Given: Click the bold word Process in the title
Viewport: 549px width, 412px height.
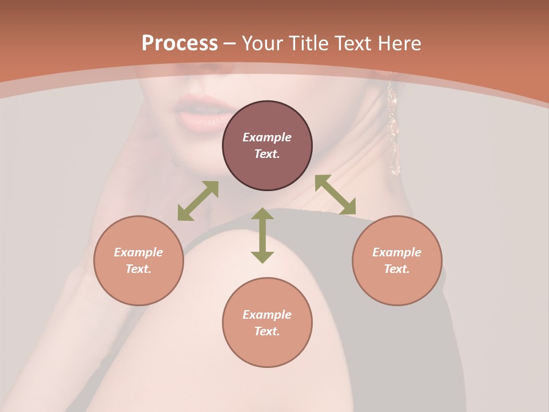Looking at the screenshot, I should (x=180, y=43).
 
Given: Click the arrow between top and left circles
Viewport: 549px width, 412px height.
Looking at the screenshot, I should (x=198, y=201).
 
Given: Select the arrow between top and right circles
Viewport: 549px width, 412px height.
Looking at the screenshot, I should (x=336, y=195).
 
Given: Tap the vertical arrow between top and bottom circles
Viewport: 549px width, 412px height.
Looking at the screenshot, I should (x=262, y=235).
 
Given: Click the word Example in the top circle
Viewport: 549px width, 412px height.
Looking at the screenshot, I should (x=267, y=137).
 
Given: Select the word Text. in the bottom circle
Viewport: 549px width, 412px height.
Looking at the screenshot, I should (x=267, y=331).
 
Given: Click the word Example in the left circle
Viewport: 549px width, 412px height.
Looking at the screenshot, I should (x=138, y=252).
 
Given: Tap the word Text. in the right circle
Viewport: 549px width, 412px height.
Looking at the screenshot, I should (x=397, y=269).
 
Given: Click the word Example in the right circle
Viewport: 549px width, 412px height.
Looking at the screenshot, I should (x=397, y=252).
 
